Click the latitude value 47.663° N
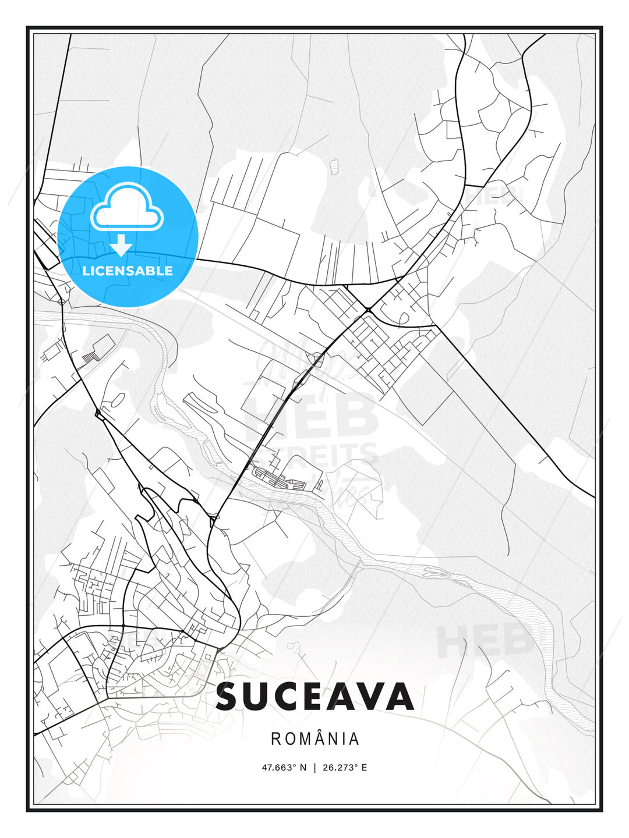coord(284,768)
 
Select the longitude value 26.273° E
coord(345,768)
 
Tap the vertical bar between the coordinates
coord(314,768)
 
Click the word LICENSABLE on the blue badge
coord(128,271)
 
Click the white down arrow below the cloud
coord(121,245)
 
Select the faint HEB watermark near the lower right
coord(483,640)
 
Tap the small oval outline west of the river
coord(117,400)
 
